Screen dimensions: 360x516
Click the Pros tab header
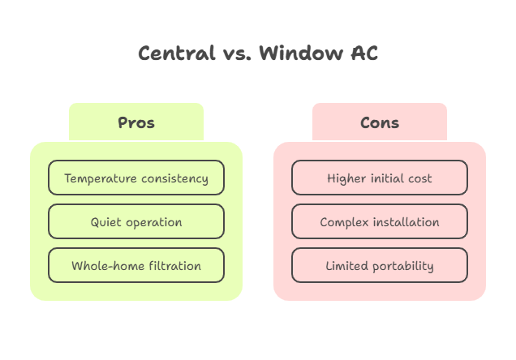tap(136, 123)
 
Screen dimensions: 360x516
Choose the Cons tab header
tap(380, 123)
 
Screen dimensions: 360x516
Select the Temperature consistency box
tap(136, 178)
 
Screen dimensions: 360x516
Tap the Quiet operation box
tap(136, 222)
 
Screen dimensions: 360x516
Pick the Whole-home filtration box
tap(136, 266)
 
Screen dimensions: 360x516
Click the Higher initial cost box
tap(380, 178)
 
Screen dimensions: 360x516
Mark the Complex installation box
tap(380, 222)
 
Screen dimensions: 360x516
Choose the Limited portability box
tap(380, 266)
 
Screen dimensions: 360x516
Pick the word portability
tap(402, 266)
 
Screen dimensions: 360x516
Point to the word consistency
tap(174, 178)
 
